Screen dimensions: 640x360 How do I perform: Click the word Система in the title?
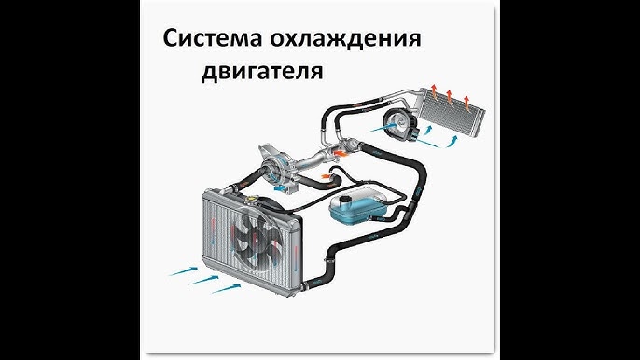point(212,38)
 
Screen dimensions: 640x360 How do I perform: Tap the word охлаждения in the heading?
point(345,39)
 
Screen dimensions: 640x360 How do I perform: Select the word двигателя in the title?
point(262,71)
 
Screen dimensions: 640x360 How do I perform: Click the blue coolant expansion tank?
point(357,206)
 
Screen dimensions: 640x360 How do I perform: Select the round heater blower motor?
point(398,123)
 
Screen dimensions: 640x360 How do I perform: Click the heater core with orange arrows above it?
point(451,109)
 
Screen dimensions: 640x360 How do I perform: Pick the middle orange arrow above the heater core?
point(450,96)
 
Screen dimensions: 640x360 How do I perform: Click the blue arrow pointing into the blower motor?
point(383,128)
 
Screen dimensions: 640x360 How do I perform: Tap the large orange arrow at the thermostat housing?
point(341,153)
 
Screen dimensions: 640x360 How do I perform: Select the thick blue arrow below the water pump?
point(281,189)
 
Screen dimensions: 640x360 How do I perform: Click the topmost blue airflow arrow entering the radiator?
point(184,271)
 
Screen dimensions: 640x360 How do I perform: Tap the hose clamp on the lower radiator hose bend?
point(327,260)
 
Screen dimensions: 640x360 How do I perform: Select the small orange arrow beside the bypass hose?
point(326,176)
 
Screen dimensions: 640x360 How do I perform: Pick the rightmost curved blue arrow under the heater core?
point(452,142)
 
